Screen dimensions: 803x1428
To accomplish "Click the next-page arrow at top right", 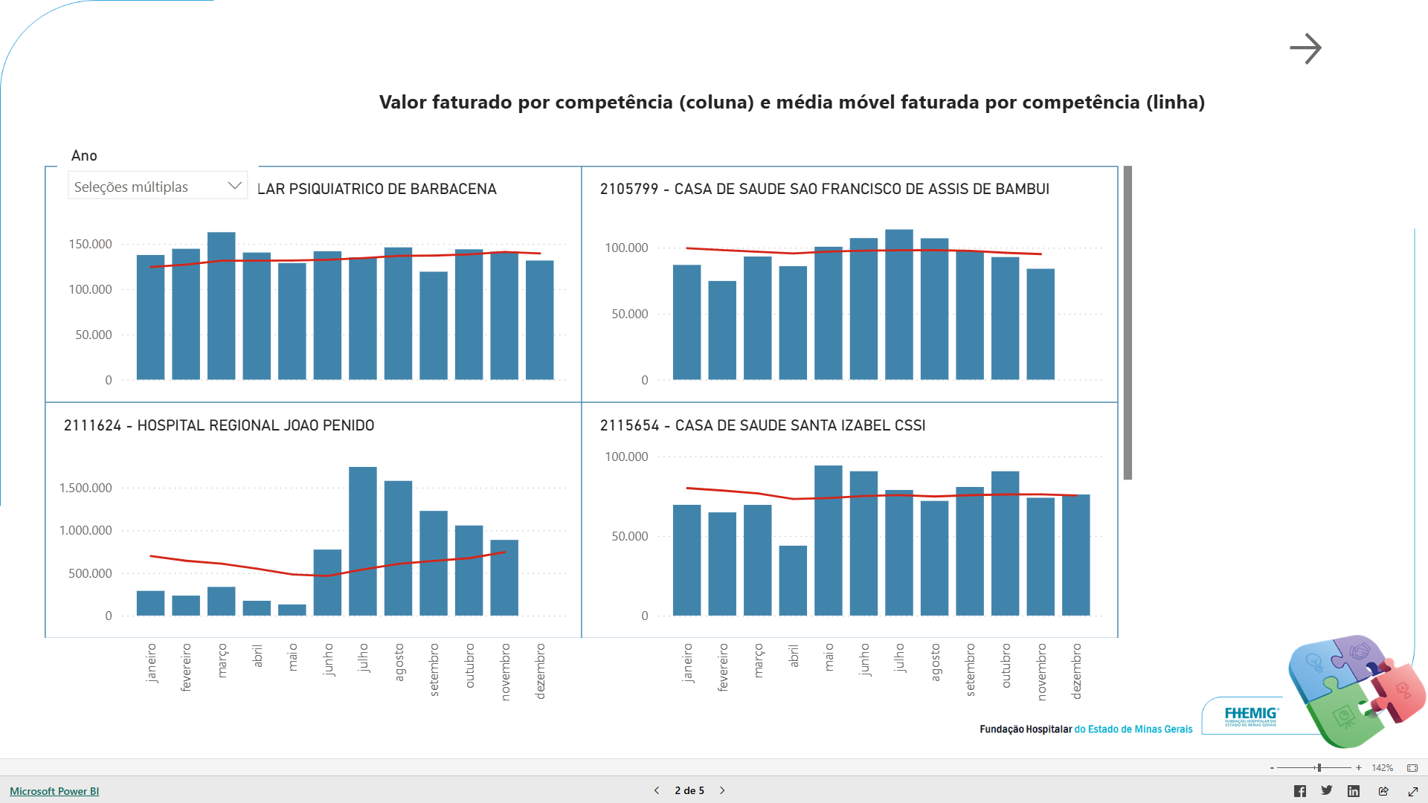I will click(x=1305, y=49).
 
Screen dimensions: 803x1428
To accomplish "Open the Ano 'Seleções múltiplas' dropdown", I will click(x=158, y=187).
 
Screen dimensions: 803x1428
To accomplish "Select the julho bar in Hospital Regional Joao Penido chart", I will click(x=363, y=541).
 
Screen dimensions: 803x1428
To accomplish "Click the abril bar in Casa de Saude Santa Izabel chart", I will click(x=793, y=580).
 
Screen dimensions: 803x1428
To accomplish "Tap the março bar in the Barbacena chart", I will click(x=222, y=306).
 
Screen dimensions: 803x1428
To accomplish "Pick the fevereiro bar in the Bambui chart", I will click(x=722, y=330).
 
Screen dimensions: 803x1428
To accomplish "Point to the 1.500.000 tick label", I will click(x=86, y=488).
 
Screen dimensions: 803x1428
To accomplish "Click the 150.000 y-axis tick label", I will click(x=90, y=244).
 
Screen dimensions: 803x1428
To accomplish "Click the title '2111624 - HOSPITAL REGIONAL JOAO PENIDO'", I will click(x=219, y=425).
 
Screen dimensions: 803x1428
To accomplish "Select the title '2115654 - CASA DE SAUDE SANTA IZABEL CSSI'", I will click(x=762, y=425).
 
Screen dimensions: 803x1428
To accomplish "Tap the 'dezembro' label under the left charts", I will click(x=541, y=671).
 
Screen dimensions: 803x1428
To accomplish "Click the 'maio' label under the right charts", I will click(x=829, y=657).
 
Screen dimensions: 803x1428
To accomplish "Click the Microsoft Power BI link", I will click(x=54, y=791).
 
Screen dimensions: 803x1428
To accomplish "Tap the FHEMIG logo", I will click(x=1251, y=716).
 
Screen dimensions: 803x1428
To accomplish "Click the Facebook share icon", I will click(x=1299, y=791).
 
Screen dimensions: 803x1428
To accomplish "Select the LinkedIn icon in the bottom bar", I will click(x=1354, y=791).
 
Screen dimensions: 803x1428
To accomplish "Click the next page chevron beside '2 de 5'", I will click(x=722, y=790).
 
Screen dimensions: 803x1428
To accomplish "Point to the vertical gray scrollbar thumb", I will click(x=1128, y=323).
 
